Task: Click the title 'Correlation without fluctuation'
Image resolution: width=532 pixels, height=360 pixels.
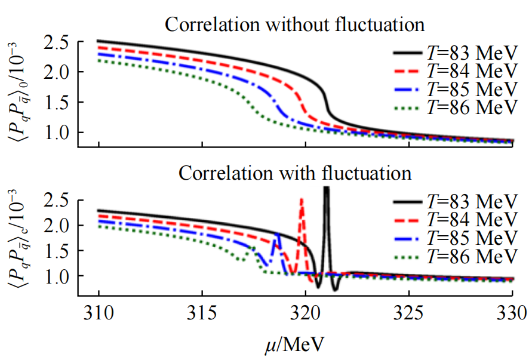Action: coord(295,25)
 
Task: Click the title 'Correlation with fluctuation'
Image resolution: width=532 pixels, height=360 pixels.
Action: coord(295,174)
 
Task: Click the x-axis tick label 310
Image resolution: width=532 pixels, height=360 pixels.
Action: coord(99,312)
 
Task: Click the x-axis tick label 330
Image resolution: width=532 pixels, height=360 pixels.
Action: coord(512,312)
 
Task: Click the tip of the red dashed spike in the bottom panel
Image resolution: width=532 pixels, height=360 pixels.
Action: coord(302,199)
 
